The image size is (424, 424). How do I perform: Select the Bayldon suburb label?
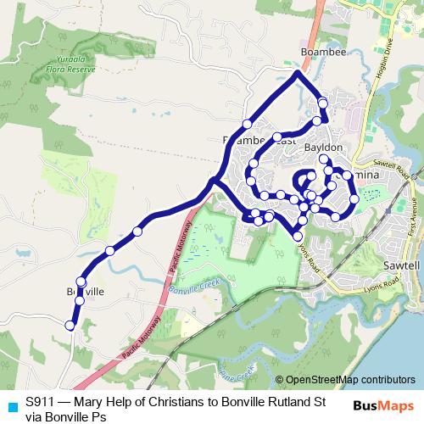click(x=322, y=148)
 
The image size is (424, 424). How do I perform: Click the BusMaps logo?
click(x=382, y=405)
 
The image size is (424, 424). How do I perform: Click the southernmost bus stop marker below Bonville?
click(x=70, y=325)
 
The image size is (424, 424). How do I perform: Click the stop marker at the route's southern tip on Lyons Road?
click(x=298, y=235)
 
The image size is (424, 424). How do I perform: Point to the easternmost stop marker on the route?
click(x=354, y=199)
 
